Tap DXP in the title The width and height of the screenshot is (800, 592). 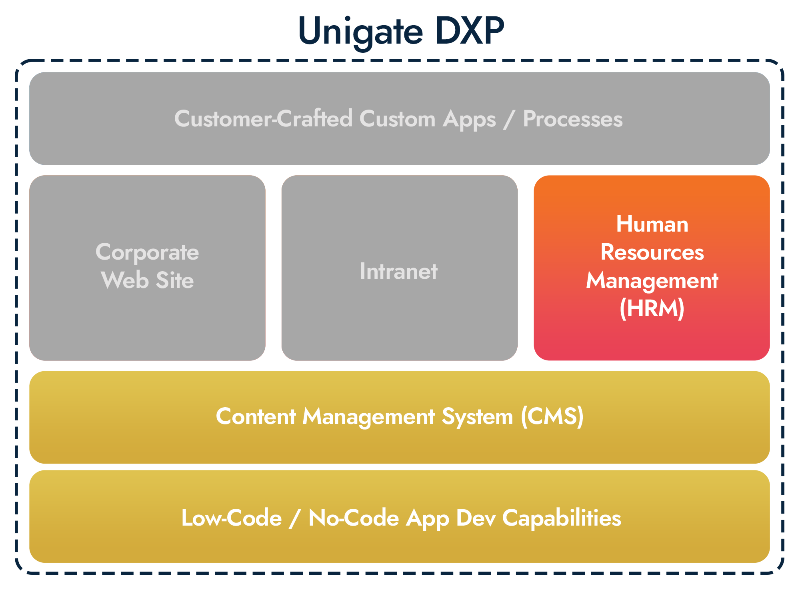pyautogui.click(x=469, y=30)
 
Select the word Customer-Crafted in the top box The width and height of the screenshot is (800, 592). pyautogui.click(x=264, y=119)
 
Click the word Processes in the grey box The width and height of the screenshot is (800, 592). pyautogui.click(x=573, y=119)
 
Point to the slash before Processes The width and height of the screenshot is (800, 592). pyautogui.click(x=508, y=120)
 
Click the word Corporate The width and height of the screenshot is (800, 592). pyautogui.click(x=147, y=253)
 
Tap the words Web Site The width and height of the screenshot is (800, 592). pyautogui.click(x=147, y=280)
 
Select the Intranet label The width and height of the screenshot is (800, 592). pyautogui.click(x=399, y=271)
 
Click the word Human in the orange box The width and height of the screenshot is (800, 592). pyautogui.click(x=652, y=224)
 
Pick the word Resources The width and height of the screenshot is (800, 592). pyautogui.click(x=652, y=252)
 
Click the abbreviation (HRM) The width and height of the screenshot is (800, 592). pyautogui.click(x=652, y=308)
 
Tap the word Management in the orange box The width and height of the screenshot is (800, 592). pyautogui.click(x=652, y=281)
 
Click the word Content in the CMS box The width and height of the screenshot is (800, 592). pyautogui.click(x=256, y=416)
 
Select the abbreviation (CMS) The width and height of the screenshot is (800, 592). pyautogui.click(x=552, y=416)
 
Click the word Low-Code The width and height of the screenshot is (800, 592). pyautogui.click(x=232, y=518)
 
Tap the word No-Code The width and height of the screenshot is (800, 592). pyautogui.click(x=354, y=518)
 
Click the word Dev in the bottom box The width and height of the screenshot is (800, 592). pyautogui.click(x=476, y=518)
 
